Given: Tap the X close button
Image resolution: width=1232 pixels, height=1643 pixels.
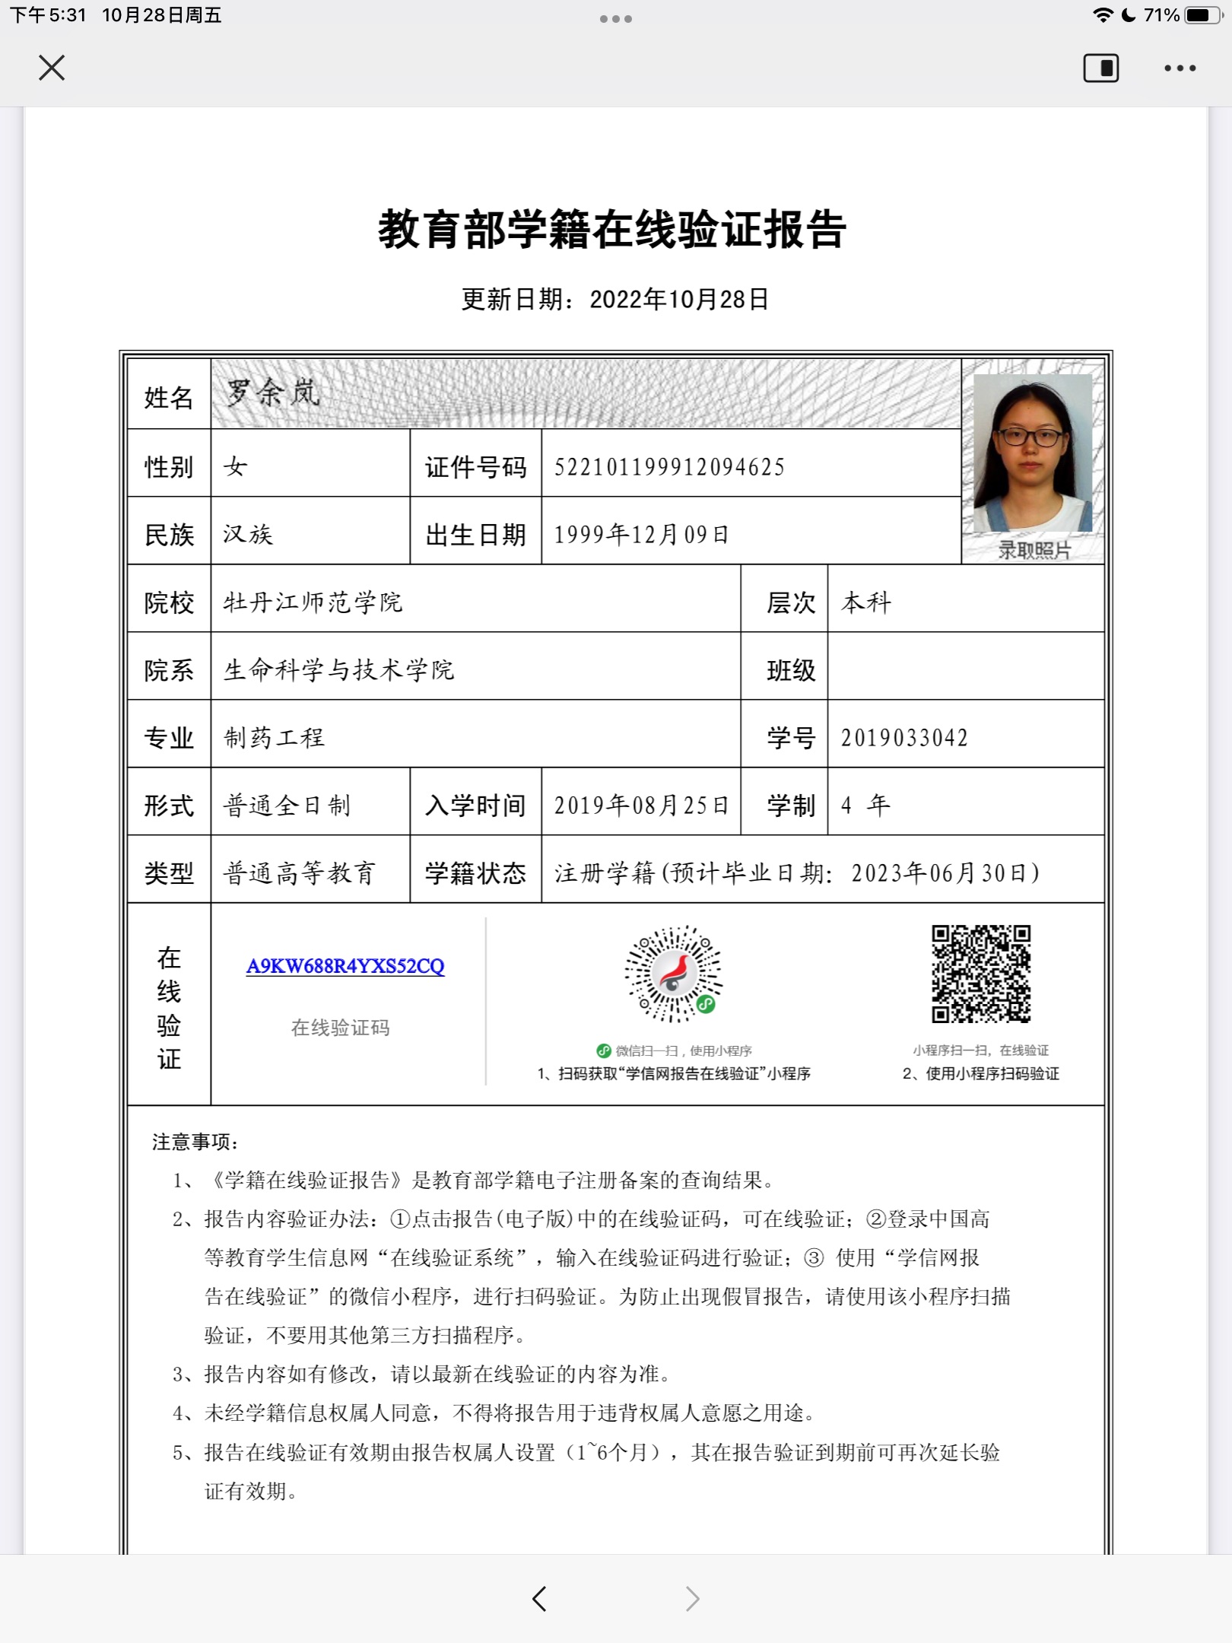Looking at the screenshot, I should (x=52, y=68).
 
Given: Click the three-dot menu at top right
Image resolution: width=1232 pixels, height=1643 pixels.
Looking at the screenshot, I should (x=1180, y=68).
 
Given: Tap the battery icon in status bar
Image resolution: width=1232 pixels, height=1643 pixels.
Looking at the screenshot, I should (x=1203, y=15).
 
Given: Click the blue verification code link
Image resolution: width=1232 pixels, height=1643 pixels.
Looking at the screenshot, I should (x=345, y=966).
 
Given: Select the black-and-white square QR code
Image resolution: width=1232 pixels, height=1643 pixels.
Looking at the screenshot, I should (x=981, y=974).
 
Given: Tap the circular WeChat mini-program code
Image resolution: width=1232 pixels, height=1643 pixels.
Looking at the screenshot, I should (x=673, y=974).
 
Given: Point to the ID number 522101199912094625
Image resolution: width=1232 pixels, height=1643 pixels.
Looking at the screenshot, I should (x=669, y=467).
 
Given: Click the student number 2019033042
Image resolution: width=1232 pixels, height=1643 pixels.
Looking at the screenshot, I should (x=904, y=738).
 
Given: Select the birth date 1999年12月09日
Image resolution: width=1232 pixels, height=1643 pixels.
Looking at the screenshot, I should (x=641, y=535).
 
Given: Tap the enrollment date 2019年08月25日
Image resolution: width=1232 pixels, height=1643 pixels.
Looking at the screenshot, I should (x=641, y=805).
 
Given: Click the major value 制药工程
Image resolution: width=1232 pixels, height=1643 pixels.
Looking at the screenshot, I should (x=274, y=738).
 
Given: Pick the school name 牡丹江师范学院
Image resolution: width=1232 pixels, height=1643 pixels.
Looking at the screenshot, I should (x=313, y=602).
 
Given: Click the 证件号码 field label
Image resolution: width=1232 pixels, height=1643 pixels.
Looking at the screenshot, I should (x=475, y=467).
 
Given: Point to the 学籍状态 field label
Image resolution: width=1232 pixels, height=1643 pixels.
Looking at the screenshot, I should (x=475, y=872).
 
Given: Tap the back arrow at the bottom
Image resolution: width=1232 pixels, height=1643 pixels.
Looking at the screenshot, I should (x=539, y=1598).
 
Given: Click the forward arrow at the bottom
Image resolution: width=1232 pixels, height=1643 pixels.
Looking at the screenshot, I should (x=692, y=1598).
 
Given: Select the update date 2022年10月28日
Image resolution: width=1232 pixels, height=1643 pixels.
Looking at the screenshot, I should (x=679, y=299).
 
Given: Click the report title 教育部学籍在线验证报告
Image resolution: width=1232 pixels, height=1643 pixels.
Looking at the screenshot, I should (x=613, y=229).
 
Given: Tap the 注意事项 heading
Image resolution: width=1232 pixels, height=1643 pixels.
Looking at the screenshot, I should (x=195, y=1142).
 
